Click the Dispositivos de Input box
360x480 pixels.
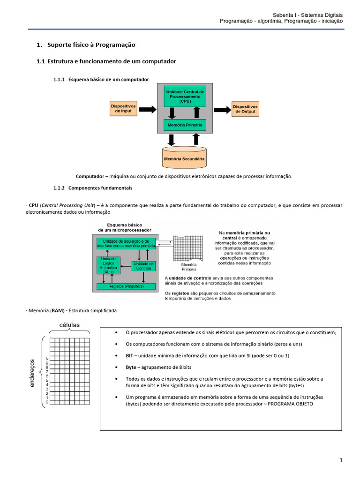coord(123,108)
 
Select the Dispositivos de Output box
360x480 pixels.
coord(245,109)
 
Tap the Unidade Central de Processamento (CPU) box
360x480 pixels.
coord(185,97)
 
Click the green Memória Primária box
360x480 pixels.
coord(185,125)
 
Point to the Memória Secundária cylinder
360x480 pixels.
coord(184,157)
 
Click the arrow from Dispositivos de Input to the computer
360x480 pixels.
coord(148,109)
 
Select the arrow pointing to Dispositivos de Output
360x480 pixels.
coord(222,110)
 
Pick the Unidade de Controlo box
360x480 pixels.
coord(143,266)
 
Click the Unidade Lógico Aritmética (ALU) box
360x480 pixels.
coord(108,265)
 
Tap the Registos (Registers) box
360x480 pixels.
coord(126,286)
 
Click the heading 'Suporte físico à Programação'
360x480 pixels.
coord(91,45)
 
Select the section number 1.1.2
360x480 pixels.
coord(59,188)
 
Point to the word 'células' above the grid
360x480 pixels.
coord(69,325)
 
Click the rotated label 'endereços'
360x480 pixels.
coord(32,373)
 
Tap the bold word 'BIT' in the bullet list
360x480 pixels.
coord(129,356)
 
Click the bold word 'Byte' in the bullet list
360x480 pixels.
coord(131,367)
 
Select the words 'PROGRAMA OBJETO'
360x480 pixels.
coord(290,404)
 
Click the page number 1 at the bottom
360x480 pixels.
coord(341,460)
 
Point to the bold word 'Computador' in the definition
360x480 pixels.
coord(90,176)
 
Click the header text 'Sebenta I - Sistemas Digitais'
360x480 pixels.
coord(307,15)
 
